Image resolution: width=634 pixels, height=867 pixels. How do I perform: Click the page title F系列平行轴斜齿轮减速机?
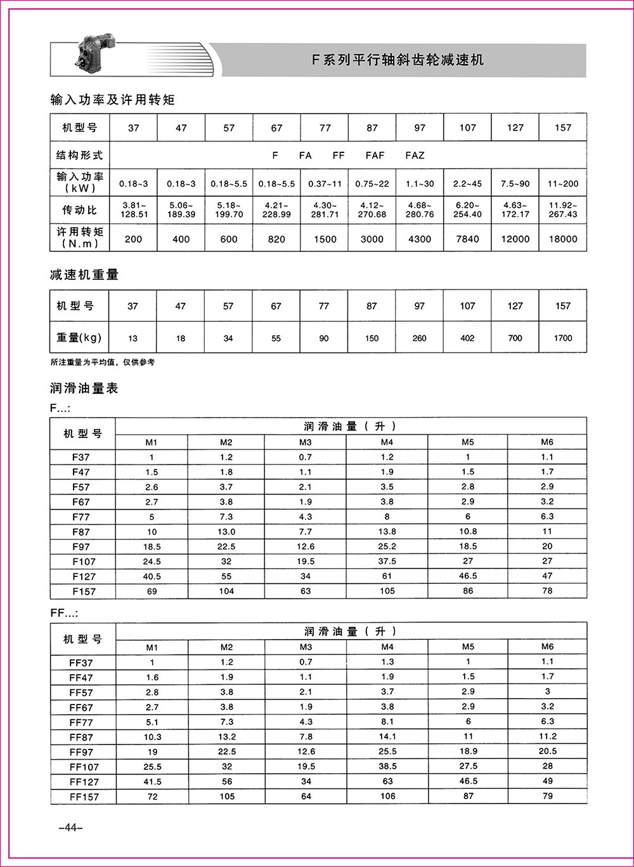[398, 60]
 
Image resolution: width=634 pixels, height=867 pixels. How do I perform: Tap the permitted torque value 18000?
[562, 239]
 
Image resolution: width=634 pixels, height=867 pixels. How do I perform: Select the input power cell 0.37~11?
[325, 184]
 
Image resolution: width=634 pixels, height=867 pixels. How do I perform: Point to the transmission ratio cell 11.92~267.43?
[562, 210]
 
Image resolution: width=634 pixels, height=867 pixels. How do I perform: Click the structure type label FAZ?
[415, 156]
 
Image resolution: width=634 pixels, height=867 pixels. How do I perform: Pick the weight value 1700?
[562, 338]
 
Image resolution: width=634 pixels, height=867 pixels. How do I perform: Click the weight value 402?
[467, 338]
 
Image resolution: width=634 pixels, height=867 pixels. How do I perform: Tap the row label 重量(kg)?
[79, 338]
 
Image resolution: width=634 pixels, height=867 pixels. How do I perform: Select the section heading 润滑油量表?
[84, 388]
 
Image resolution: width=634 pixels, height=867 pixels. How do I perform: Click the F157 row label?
[84, 592]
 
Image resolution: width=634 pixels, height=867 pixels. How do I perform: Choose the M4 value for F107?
[387, 561]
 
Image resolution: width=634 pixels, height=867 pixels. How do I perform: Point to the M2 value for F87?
[226, 532]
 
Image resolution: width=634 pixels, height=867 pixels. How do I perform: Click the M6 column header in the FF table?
[547, 647]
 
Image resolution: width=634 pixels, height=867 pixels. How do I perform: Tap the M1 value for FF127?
[152, 782]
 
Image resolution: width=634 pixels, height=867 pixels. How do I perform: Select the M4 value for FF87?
[387, 737]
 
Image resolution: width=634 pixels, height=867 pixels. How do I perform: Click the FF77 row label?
[81, 722]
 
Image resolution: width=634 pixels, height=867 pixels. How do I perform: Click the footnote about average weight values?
[102, 362]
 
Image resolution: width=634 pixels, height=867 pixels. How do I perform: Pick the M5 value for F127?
[468, 576]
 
